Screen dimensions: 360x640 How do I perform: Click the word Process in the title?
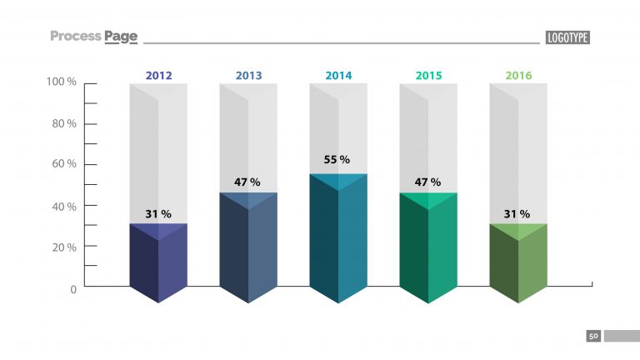[75, 36]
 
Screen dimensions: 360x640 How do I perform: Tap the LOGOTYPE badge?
[567, 37]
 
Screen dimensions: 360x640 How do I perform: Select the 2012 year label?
[158, 76]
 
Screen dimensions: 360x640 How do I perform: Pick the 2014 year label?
[338, 76]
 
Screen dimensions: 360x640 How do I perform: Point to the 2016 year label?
[518, 76]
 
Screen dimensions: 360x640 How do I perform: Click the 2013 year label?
[248, 76]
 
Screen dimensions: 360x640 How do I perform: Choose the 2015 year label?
[428, 76]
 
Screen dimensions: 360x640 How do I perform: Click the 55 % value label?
[337, 159]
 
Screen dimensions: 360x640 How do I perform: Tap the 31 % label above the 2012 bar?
[157, 214]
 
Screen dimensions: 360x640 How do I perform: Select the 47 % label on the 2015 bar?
[427, 182]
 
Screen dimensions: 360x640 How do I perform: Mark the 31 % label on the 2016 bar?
[517, 214]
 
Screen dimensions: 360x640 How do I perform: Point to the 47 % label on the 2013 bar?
[247, 182]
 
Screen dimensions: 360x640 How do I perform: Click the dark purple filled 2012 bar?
[158, 262]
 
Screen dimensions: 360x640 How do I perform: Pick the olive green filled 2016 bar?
[518, 262]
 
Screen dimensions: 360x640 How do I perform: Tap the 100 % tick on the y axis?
[62, 82]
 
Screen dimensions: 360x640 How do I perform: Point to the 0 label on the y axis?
[73, 288]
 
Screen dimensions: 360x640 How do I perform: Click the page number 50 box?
[593, 337]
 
